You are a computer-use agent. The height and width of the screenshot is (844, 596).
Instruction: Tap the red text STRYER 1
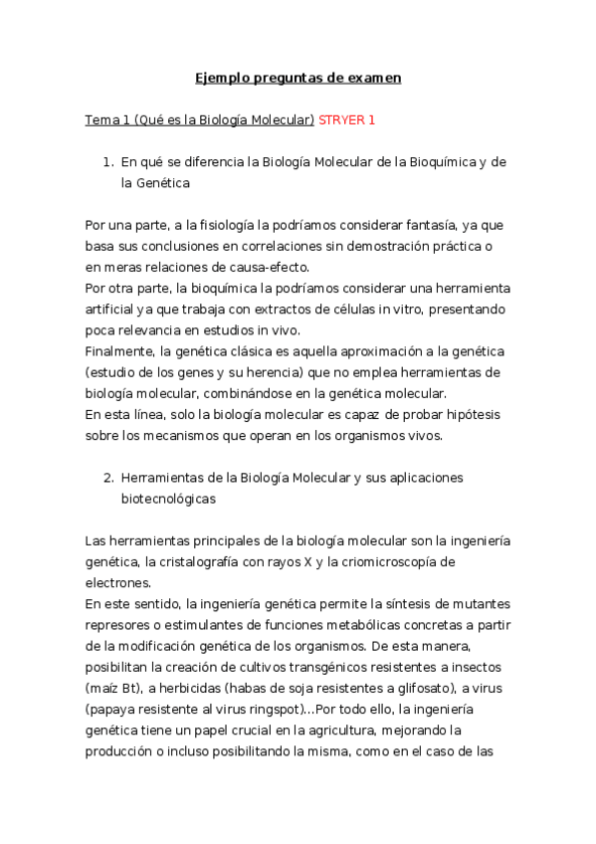(x=347, y=120)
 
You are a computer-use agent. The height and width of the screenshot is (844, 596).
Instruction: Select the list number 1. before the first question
(x=108, y=161)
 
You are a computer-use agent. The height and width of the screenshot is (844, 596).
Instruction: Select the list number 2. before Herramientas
(x=108, y=478)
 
